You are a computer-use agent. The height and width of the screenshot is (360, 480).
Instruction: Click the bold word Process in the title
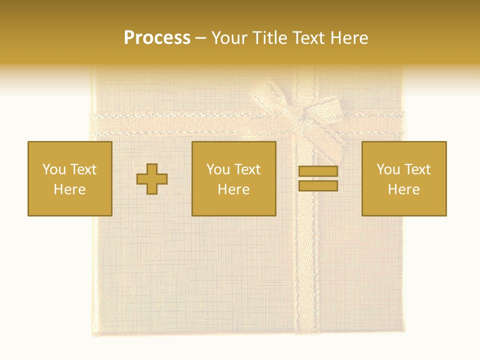point(157,38)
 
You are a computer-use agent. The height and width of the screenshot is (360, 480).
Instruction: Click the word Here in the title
point(349,38)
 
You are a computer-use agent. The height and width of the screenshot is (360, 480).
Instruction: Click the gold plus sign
point(152,178)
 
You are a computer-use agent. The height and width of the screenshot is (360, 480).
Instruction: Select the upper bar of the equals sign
point(318,171)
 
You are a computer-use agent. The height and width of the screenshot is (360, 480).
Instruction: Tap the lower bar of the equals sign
point(318,185)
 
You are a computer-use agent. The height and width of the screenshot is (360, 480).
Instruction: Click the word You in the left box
point(54,169)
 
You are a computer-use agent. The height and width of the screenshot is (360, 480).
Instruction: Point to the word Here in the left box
point(69,189)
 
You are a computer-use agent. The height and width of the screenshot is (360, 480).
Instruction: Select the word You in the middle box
point(218,169)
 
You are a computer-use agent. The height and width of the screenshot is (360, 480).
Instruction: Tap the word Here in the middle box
point(233,189)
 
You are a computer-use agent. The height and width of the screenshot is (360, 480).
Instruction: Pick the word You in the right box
point(388,169)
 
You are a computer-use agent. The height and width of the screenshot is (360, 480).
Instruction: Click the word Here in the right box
point(403,189)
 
